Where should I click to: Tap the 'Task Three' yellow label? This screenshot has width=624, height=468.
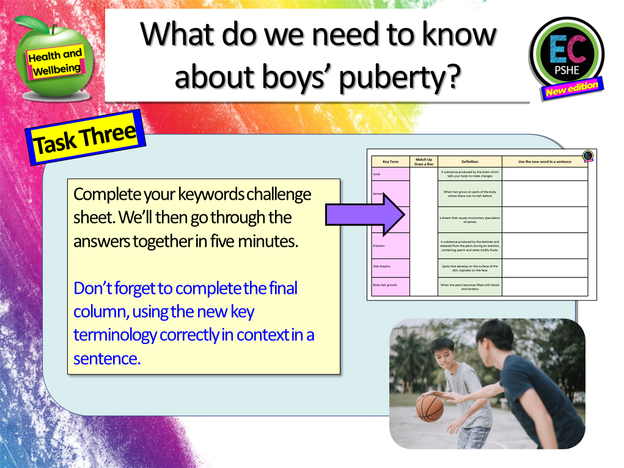coord(85,137)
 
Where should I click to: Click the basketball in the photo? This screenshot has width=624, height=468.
coord(429,408)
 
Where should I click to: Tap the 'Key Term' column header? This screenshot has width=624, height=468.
coord(390,162)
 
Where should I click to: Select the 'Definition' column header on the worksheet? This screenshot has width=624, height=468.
coord(469,162)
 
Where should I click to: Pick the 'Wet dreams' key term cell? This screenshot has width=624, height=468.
coord(390,268)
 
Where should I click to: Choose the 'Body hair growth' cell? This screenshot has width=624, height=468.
coord(390,286)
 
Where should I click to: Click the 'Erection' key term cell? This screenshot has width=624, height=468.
coord(390,246)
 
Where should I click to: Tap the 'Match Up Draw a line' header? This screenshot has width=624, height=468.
coord(423,162)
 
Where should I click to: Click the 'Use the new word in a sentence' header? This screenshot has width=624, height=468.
coord(545,162)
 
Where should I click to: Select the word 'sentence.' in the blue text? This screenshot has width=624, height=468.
coord(107,359)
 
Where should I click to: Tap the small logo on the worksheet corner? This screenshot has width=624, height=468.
coord(587,156)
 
